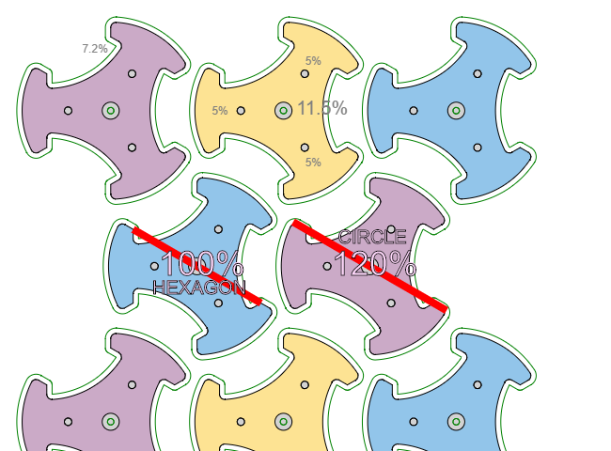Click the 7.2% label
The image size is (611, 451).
[95, 48]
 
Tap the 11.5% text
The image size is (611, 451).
[321, 108]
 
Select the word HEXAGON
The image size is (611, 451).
[199, 288]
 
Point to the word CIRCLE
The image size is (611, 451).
[372, 238]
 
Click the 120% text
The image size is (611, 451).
[374, 265]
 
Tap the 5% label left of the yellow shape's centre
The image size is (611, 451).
[220, 111]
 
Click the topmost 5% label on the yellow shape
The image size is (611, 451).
[313, 61]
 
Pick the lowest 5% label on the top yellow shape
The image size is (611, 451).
[313, 163]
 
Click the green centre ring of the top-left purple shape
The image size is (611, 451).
[111, 111]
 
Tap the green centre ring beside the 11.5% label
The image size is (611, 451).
[284, 111]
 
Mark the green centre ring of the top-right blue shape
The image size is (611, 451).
[457, 111]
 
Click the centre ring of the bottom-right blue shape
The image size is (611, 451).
[457, 422]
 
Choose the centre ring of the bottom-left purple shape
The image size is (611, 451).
[111, 422]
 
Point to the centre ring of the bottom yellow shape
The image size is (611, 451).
[284, 422]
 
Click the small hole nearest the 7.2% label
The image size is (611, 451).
[132, 73]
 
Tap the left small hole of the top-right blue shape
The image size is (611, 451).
[414, 111]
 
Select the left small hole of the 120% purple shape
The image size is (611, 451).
[327, 266]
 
